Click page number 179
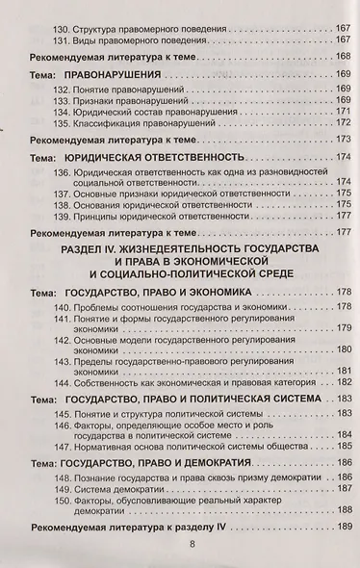tap(342, 328)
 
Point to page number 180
tap(342, 349)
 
